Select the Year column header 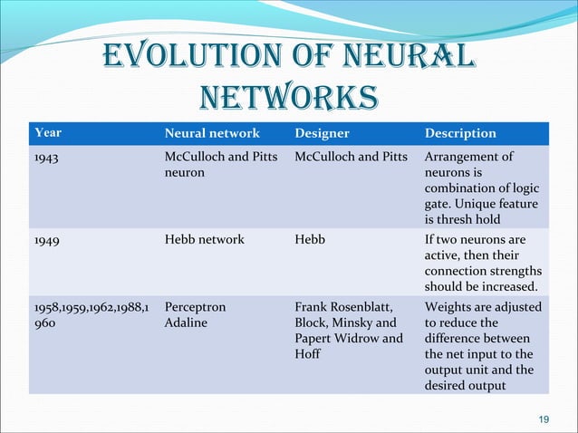pos(48,133)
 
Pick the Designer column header pos(324,133)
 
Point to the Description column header pos(460,133)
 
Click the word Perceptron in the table pos(195,307)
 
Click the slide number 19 pos(544,418)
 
